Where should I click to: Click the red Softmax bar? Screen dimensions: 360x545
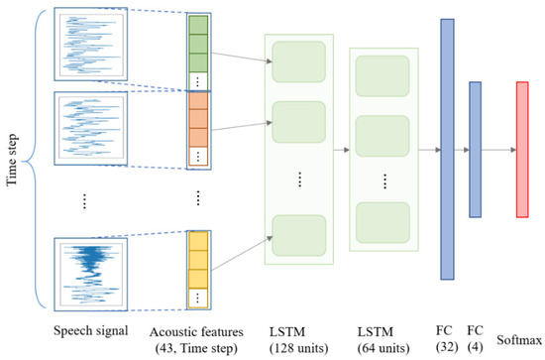tap(522, 149)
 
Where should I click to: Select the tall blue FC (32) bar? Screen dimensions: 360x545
tap(446, 148)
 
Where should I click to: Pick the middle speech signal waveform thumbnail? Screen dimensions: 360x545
tap(90, 128)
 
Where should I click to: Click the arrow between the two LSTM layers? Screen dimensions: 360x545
tap(346, 150)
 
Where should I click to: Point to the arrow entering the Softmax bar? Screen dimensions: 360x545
tap(498, 150)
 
